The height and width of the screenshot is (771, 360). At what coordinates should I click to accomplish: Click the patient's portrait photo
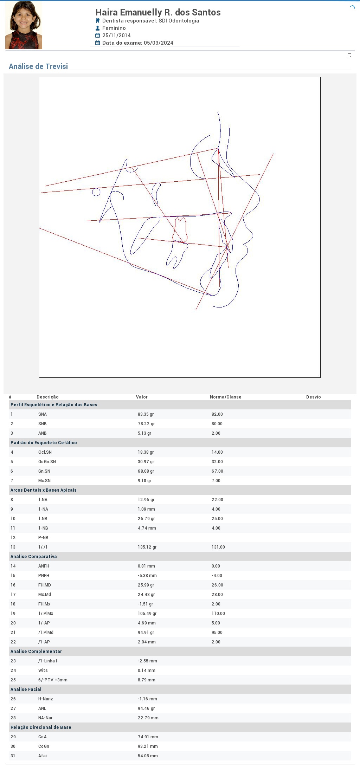[24, 25]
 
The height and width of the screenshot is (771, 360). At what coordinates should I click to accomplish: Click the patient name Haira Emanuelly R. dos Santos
[158, 12]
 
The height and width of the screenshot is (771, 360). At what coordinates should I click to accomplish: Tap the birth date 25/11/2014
[116, 35]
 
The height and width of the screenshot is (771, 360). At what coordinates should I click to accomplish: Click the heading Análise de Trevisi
[38, 66]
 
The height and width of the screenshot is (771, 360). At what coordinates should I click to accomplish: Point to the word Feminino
[114, 28]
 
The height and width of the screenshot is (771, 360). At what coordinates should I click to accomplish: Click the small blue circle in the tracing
[96, 192]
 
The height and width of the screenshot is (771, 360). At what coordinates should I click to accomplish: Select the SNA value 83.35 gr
[146, 414]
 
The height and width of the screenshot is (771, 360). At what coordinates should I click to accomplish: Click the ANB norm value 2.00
[216, 433]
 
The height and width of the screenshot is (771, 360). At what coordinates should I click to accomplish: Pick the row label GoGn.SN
[47, 462]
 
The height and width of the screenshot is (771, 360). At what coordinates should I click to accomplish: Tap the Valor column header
[142, 397]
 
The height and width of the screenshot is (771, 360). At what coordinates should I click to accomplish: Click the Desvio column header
[314, 397]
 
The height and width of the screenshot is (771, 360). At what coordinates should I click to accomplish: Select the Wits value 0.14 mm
[147, 670]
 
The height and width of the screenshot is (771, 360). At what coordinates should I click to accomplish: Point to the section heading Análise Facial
[26, 689]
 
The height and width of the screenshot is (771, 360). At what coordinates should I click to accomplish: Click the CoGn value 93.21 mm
[148, 746]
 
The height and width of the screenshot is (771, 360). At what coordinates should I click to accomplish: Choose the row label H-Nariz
[46, 699]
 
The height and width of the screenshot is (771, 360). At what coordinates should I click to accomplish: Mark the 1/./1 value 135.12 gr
[147, 547]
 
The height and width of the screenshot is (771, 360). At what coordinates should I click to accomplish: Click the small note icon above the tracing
[349, 56]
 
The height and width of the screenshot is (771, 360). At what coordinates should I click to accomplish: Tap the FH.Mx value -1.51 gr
[145, 604]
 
